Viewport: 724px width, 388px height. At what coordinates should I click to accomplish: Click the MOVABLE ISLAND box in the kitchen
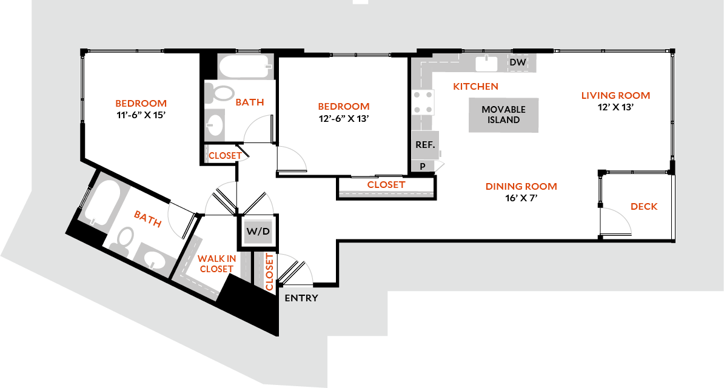[x=504, y=115]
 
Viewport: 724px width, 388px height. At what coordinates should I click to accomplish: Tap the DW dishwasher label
[x=517, y=62]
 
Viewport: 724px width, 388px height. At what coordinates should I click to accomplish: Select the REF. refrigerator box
[x=423, y=145]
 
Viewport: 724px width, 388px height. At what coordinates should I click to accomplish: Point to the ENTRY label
[x=301, y=298]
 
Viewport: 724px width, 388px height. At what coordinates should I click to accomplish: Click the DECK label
[x=644, y=207]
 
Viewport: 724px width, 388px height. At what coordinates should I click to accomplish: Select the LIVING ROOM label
[x=615, y=95]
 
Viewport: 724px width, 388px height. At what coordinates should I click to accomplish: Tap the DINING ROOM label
[x=521, y=187]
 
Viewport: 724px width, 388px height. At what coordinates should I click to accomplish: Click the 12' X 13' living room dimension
[x=615, y=107]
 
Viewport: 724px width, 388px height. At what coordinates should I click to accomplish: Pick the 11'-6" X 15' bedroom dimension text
[x=141, y=114]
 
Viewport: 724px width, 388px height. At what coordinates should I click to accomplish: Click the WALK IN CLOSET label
[x=216, y=264]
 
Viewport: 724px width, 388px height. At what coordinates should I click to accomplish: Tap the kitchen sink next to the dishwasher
[x=486, y=63]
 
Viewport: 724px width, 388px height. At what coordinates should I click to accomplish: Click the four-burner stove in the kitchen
[x=423, y=101]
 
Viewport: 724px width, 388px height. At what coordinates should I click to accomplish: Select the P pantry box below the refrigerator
[x=423, y=166]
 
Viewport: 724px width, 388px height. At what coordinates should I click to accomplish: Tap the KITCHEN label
[x=475, y=87]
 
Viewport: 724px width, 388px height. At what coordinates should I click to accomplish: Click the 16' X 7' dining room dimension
[x=521, y=198]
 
